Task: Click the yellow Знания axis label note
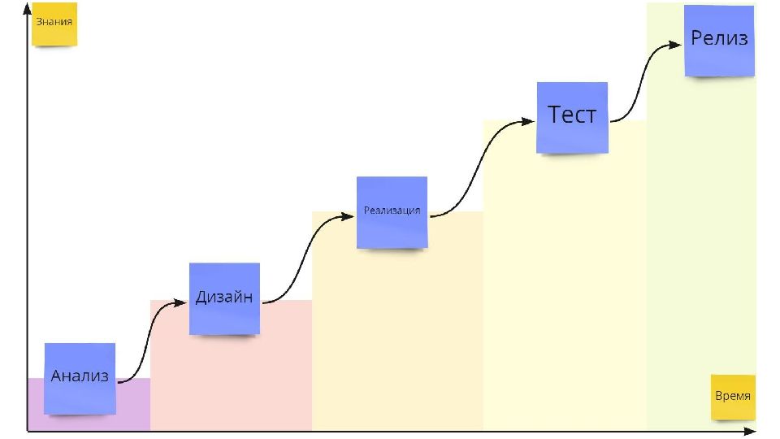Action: tap(54, 24)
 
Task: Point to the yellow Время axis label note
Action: tap(733, 397)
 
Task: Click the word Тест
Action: tap(572, 115)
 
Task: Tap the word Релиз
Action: tap(719, 38)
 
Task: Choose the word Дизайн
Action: tap(224, 298)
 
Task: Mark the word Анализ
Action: tap(80, 376)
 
